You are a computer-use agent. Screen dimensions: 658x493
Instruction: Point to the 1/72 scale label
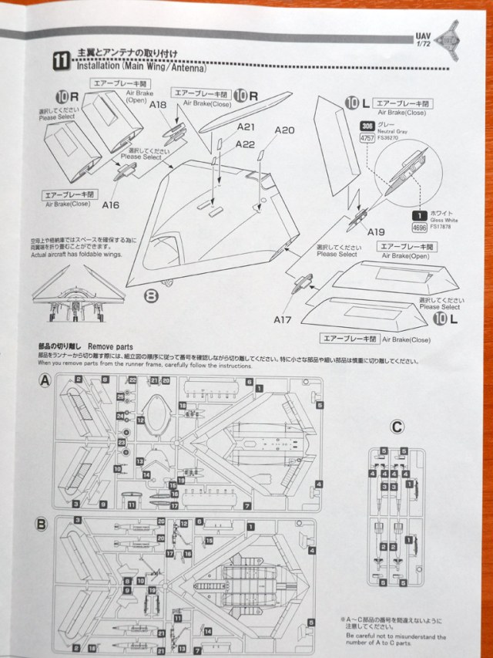[423, 46]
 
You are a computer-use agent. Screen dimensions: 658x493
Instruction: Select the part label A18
[158, 104]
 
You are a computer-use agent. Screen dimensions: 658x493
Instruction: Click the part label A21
[246, 127]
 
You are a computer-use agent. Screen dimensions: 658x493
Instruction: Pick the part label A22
[246, 143]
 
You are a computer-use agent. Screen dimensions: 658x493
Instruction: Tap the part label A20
[284, 130]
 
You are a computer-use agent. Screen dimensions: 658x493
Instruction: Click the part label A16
[111, 204]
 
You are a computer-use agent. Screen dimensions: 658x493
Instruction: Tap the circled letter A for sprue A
[45, 380]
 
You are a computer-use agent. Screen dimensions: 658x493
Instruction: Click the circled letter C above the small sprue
[396, 425]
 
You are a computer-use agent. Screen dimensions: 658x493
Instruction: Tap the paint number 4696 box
[420, 228]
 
